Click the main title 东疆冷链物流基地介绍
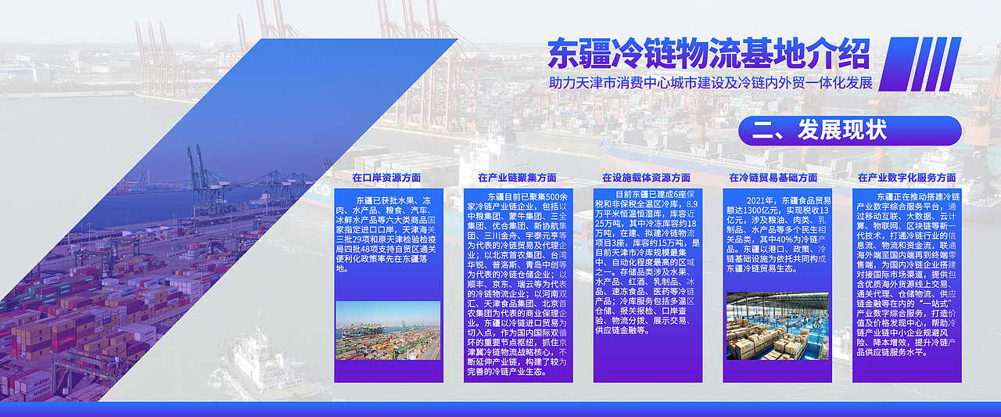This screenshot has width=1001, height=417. click(708, 54)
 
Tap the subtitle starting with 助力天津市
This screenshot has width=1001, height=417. click(710, 83)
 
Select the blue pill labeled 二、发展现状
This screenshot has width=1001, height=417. click(849, 131)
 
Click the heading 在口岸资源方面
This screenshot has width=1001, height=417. click(386, 178)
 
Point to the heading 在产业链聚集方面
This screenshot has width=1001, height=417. click(517, 178)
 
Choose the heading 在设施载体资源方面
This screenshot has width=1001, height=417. click(646, 178)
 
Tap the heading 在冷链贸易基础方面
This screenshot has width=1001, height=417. click(773, 178)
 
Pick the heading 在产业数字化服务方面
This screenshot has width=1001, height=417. click(906, 178)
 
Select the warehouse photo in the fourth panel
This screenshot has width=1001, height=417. click(777, 326)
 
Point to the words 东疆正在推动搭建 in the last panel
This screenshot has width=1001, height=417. click(913, 196)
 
